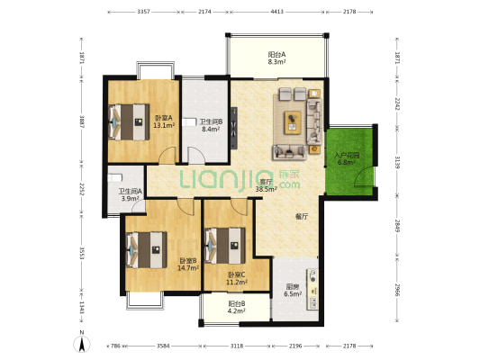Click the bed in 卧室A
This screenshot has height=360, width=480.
[x=128, y=120]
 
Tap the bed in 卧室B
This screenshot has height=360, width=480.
[x=145, y=247]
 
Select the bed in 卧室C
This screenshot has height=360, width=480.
[x=224, y=243]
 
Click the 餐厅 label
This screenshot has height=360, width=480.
[x=303, y=217]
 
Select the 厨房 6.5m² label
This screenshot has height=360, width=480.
[x=293, y=290]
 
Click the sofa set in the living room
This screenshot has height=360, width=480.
[x=298, y=121]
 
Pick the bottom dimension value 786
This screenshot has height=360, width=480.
[x=114, y=345]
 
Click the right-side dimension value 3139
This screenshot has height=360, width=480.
[x=397, y=162]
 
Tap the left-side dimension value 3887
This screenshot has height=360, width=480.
[x=81, y=120]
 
